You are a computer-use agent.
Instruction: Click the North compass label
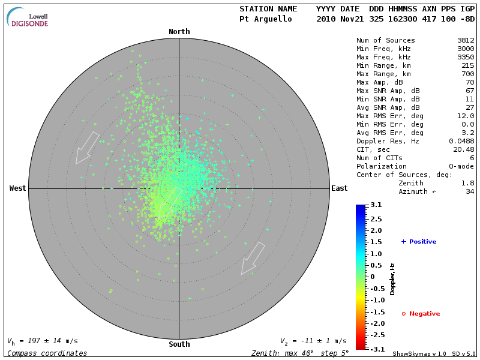click(x=179, y=32)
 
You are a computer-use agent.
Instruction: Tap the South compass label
click(x=179, y=344)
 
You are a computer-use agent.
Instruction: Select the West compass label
click(x=17, y=188)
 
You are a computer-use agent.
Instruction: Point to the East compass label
click(x=340, y=188)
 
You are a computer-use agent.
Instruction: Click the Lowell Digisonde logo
click(x=28, y=18)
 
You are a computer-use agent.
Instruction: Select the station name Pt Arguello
click(x=266, y=19)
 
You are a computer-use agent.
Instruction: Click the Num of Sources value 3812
click(x=466, y=41)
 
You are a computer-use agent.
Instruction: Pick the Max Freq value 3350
click(x=466, y=58)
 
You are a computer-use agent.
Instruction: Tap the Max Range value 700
click(x=468, y=74)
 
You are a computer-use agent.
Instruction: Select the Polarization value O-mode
click(x=460, y=166)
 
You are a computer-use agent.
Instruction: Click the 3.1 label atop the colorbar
click(x=376, y=205)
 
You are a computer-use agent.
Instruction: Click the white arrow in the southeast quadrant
click(x=253, y=258)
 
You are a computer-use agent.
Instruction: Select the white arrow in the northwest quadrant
click(x=87, y=148)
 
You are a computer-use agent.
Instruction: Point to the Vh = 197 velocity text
click(x=43, y=341)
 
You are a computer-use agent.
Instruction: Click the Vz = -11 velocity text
click(x=313, y=341)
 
